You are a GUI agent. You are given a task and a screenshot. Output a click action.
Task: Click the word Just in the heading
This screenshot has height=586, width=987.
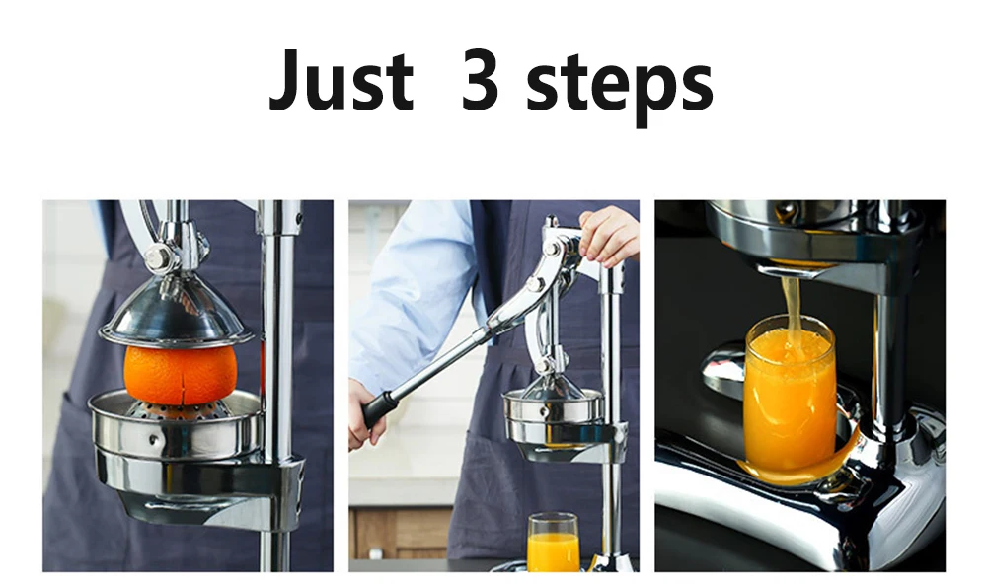pyautogui.click(x=341, y=80)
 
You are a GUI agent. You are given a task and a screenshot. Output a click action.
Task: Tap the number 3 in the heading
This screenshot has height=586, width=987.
pyautogui.click(x=480, y=79)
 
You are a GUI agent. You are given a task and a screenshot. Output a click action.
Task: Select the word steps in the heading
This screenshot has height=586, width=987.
pyautogui.click(x=620, y=86)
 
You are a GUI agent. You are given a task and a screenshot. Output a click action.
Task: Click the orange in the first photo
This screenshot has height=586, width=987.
pyautogui.click(x=181, y=376)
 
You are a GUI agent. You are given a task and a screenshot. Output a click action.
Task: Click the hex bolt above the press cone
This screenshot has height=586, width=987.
pyautogui.click(x=156, y=257)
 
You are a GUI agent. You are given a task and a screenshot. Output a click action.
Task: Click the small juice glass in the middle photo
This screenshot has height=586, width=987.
pyautogui.click(x=553, y=543)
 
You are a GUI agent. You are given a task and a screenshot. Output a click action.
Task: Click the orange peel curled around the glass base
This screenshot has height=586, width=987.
pyautogui.click(x=804, y=464)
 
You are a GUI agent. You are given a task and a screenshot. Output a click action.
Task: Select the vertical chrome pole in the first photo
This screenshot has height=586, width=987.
pyautogui.click(x=277, y=385)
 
